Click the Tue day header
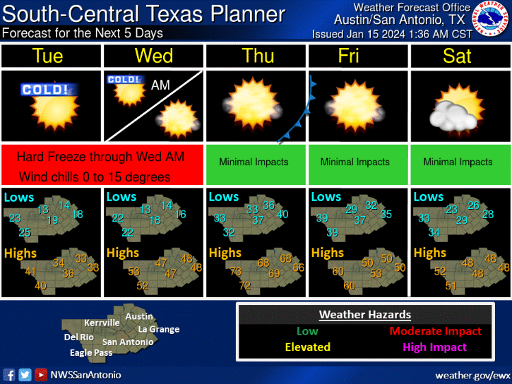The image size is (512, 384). click(x=48, y=56)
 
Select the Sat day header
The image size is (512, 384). click(x=457, y=56)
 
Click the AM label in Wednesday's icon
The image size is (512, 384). click(x=160, y=85)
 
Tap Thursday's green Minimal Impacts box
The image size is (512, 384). click(x=254, y=162)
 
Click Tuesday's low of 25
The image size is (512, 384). click(x=25, y=232)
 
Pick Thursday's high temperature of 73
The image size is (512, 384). click(x=236, y=272)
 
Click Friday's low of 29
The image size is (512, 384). click(x=351, y=209)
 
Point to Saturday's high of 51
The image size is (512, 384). click(x=451, y=285)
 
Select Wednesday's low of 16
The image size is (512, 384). click(x=180, y=214)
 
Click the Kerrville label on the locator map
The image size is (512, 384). click(x=102, y=323)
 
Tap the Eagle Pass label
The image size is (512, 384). click(x=90, y=352)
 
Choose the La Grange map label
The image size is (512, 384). click(x=158, y=329)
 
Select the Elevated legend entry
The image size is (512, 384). click(x=307, y=347)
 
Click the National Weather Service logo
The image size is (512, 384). click(x=492, y=20)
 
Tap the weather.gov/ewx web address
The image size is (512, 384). click(x=472, y=374)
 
